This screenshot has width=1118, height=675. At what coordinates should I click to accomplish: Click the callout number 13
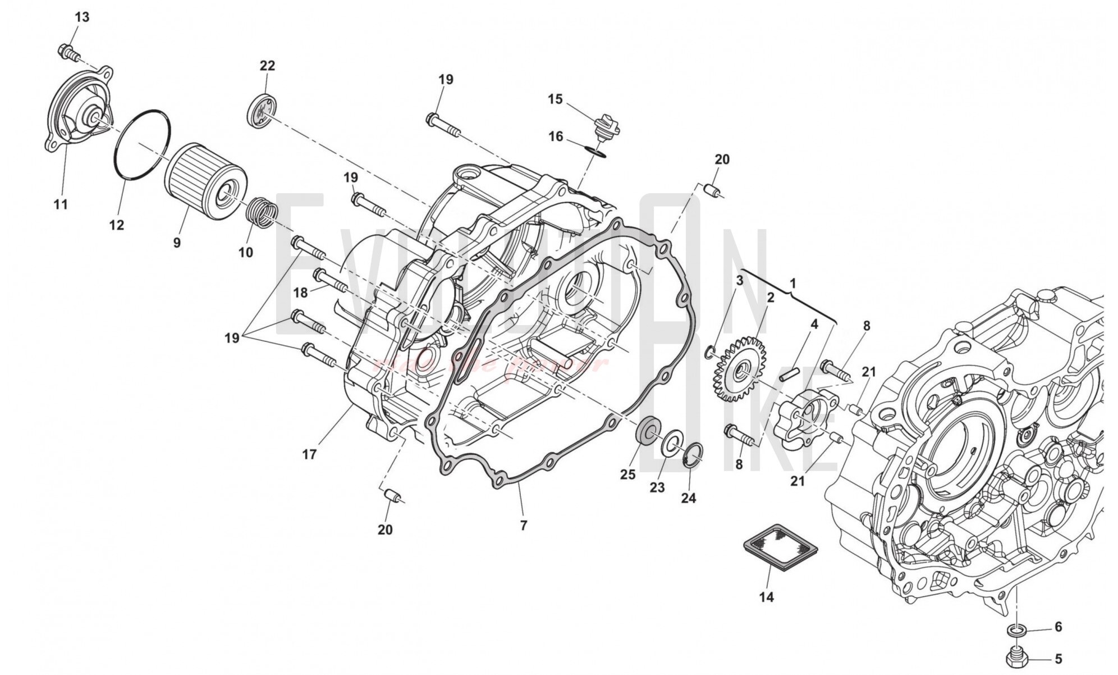click(82, 17)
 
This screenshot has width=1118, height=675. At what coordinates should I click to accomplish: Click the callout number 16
click(556, 136)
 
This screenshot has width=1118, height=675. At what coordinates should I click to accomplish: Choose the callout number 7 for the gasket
click(524, 526)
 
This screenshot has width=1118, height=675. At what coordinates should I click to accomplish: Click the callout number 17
click(309, 454)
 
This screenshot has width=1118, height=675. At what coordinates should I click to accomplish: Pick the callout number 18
click(301, 293)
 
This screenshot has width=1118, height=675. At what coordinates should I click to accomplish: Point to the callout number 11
click(61, 204)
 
